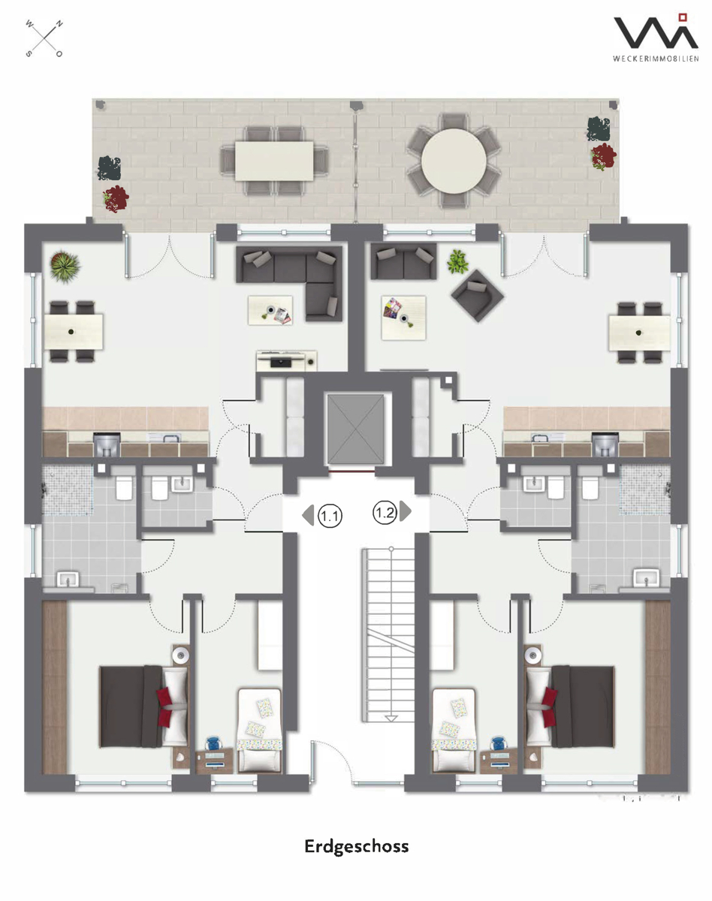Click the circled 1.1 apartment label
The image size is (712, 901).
330,516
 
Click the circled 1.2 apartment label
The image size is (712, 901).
385,513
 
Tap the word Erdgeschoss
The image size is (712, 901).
357,847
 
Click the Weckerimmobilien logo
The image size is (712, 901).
656,38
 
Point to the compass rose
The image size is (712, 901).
44,38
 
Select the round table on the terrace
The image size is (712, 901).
454,161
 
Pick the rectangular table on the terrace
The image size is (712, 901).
274,161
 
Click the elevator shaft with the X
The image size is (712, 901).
355,429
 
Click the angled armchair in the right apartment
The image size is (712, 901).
478,295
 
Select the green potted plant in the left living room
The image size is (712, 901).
65,266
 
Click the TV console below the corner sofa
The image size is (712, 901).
286,361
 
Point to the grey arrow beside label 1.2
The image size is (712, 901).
406,511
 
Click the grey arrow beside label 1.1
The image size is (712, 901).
308,515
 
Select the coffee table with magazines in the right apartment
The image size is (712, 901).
403,318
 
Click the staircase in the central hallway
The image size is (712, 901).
388,634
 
